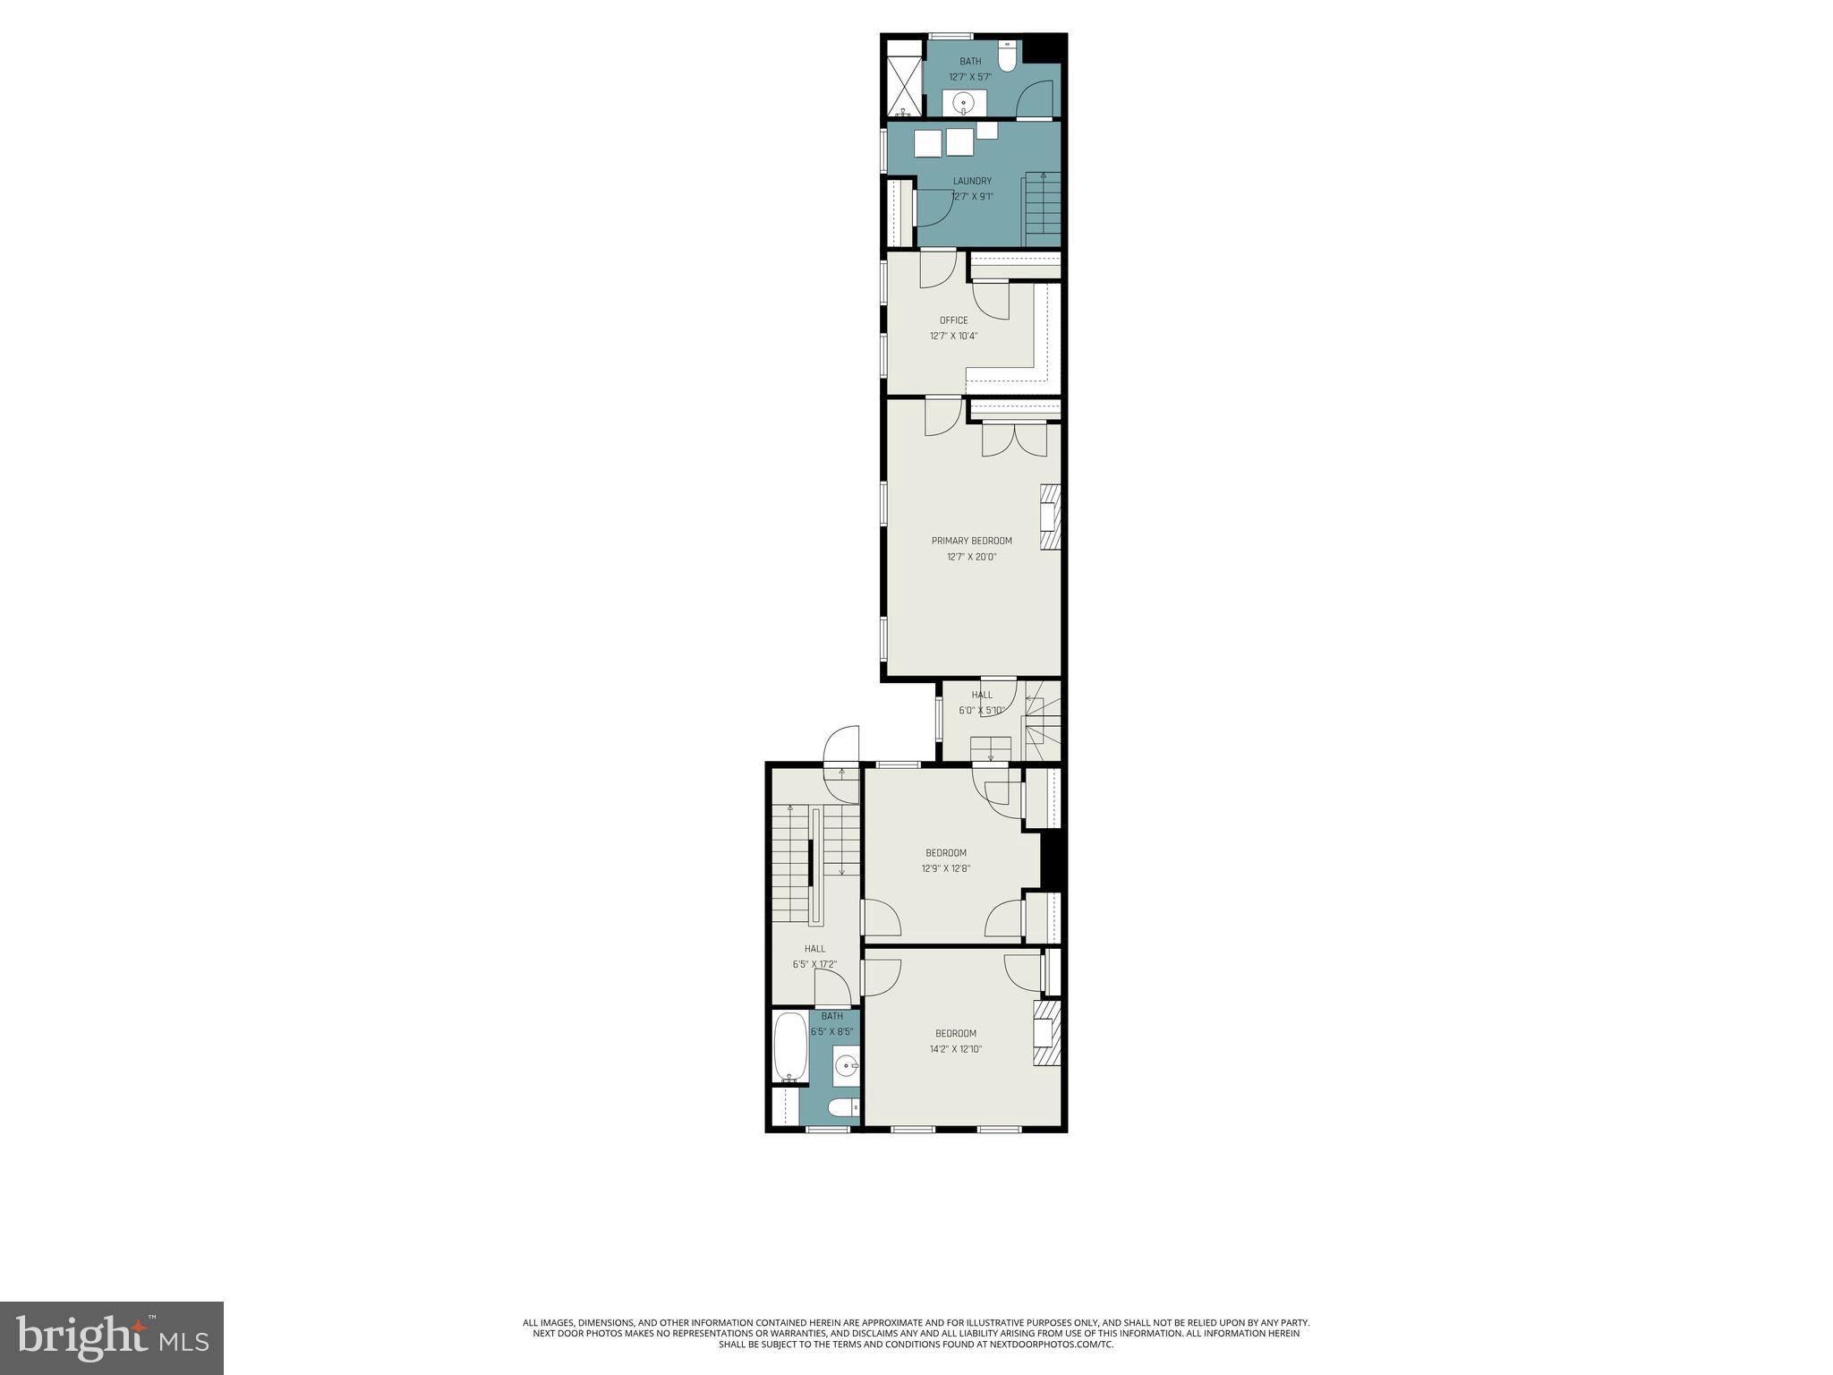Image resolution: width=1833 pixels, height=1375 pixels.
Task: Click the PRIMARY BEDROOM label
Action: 971,541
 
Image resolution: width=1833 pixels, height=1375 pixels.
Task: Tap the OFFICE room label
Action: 953,320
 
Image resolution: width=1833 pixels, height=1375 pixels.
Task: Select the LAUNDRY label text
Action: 972,181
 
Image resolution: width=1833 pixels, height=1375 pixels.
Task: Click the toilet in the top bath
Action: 1008,56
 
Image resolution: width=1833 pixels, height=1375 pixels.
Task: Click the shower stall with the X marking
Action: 904,81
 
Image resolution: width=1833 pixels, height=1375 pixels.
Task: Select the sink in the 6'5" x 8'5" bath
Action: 846,1065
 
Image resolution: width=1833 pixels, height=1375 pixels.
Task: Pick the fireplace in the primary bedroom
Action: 1050,517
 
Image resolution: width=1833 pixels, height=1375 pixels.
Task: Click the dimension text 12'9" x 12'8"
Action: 946,868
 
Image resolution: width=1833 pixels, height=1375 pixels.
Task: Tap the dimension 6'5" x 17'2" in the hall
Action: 814,965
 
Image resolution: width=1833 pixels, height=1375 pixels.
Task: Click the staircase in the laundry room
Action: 1043,208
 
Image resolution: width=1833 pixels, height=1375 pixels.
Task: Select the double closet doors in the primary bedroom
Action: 1014,439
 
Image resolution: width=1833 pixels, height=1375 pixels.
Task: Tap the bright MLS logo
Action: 112,1338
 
